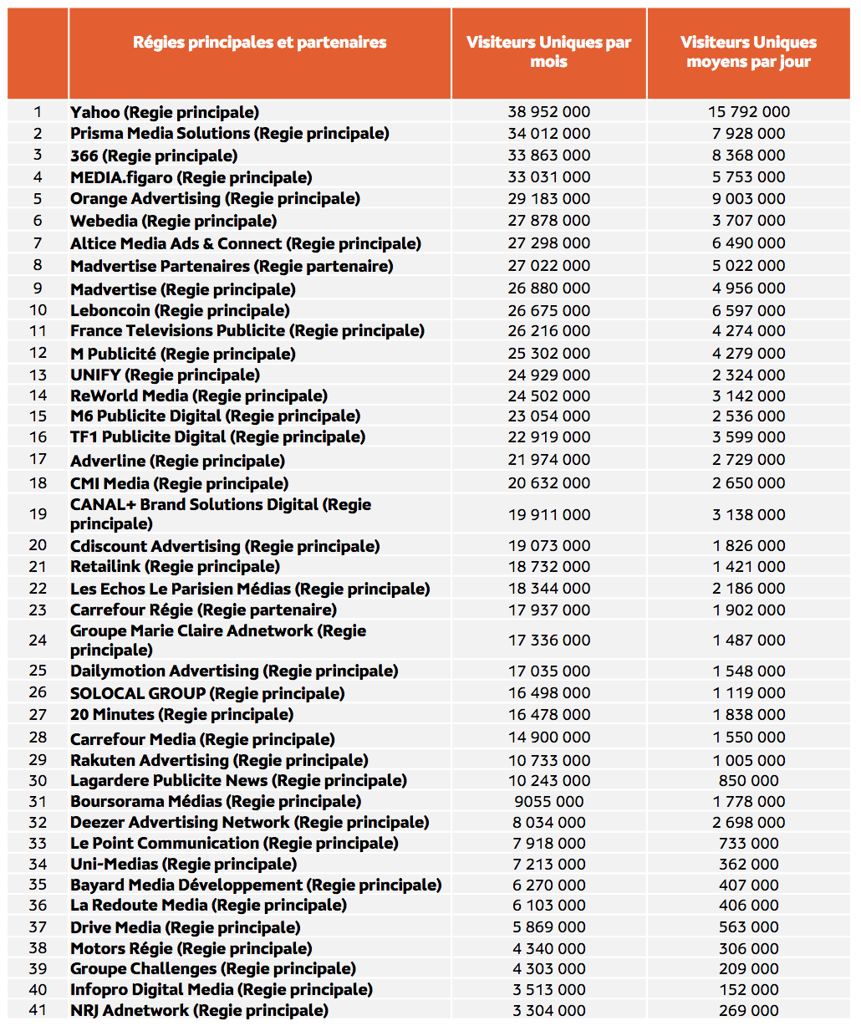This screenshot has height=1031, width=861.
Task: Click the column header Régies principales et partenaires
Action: pyautogui.click(x=259, y=43)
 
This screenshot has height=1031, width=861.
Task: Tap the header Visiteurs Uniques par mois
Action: pyautogui.click(x=548, y=52)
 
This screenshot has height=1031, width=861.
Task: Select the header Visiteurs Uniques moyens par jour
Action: pyautogui.click(x=748, y=52)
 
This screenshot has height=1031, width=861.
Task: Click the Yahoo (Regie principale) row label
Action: pyautogui.click(x=165, y=112)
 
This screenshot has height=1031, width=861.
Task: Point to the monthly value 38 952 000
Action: pyautogui.click(x=548, y=112)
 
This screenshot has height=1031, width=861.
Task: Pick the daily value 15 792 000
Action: pyautogui.click(x=748, y=112)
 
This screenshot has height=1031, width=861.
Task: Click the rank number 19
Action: pyautogui.click(x=38, y=514)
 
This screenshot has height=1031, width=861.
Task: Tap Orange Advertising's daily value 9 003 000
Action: pyautogui.click(x=748, y=199)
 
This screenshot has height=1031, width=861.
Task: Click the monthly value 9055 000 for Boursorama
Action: pyautogui.click(x=548, y=802)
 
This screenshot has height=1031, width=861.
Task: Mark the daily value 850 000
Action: pyautogui.click(x=748, y=781)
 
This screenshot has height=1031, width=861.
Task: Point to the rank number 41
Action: pyautogui.click(x=38, y=1010)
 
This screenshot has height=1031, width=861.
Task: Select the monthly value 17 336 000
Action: pyautogui.click(x=548, y=641)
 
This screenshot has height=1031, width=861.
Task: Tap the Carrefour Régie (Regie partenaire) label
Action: pyautogui.click(x=203, y=610)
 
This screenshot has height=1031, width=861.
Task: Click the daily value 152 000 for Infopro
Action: pyautogui.click(x=748, y=990)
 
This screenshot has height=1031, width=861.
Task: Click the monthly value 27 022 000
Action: pyautogui.click(x=548, y=266)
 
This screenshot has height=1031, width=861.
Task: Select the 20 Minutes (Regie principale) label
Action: pyautogui.click(x=181, y=714)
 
